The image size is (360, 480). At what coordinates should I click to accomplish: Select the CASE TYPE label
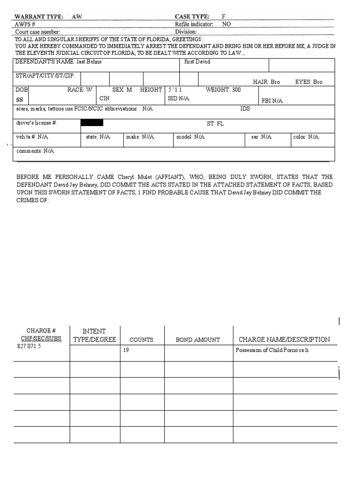(192, 16)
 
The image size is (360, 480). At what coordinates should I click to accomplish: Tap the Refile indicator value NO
(226, 24)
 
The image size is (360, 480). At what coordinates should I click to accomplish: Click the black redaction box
(92, 123)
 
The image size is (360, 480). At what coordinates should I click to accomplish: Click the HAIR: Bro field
(266, 82)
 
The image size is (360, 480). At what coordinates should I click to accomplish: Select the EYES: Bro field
(308, 82)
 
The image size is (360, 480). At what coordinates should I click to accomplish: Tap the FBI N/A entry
(272, 101)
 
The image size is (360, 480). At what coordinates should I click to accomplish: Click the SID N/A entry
(178, 99)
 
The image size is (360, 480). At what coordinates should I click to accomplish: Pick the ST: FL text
(216, 124)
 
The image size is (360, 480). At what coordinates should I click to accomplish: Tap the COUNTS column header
(141, 340)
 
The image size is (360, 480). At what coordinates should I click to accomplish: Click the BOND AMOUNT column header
(197, 340)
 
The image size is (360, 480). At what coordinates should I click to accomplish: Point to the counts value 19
(126, 350)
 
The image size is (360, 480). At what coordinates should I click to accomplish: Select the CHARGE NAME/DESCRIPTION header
(284, 339)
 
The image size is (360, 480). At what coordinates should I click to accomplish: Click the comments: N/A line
(35, 151)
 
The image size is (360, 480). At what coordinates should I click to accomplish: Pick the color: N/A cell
(306, 137)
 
